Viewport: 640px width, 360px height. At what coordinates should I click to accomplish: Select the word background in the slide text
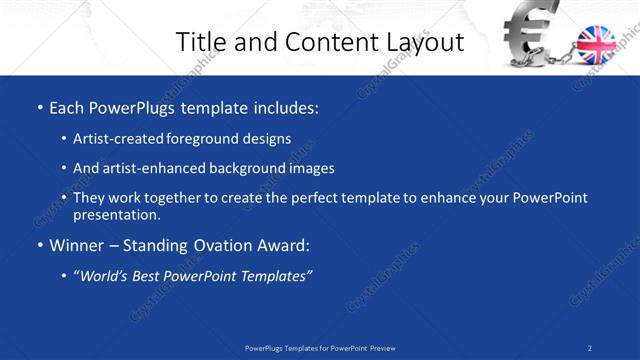pos(248,168)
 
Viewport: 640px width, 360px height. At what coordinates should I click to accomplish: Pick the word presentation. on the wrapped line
pos(116,214)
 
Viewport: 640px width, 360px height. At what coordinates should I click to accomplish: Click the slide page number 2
pos(590,348)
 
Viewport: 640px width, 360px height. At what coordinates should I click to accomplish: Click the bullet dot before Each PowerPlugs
pos(39,106)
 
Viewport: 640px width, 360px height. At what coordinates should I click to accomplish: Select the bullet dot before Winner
pos(39,245)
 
